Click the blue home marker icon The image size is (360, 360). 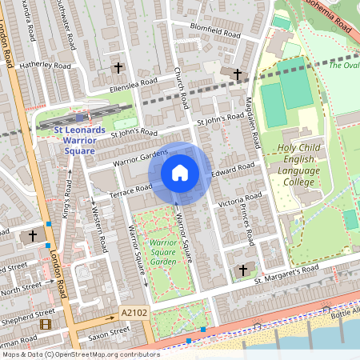click(180, 173)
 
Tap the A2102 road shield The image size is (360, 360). click(134, 313)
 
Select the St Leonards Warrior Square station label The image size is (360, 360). click(80, 140)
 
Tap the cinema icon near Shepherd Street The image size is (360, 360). click(45, 325)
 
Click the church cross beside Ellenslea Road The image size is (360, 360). click(120, 69)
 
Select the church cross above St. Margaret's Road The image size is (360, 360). click(243, 270)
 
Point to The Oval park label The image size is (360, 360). click(343, 66)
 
